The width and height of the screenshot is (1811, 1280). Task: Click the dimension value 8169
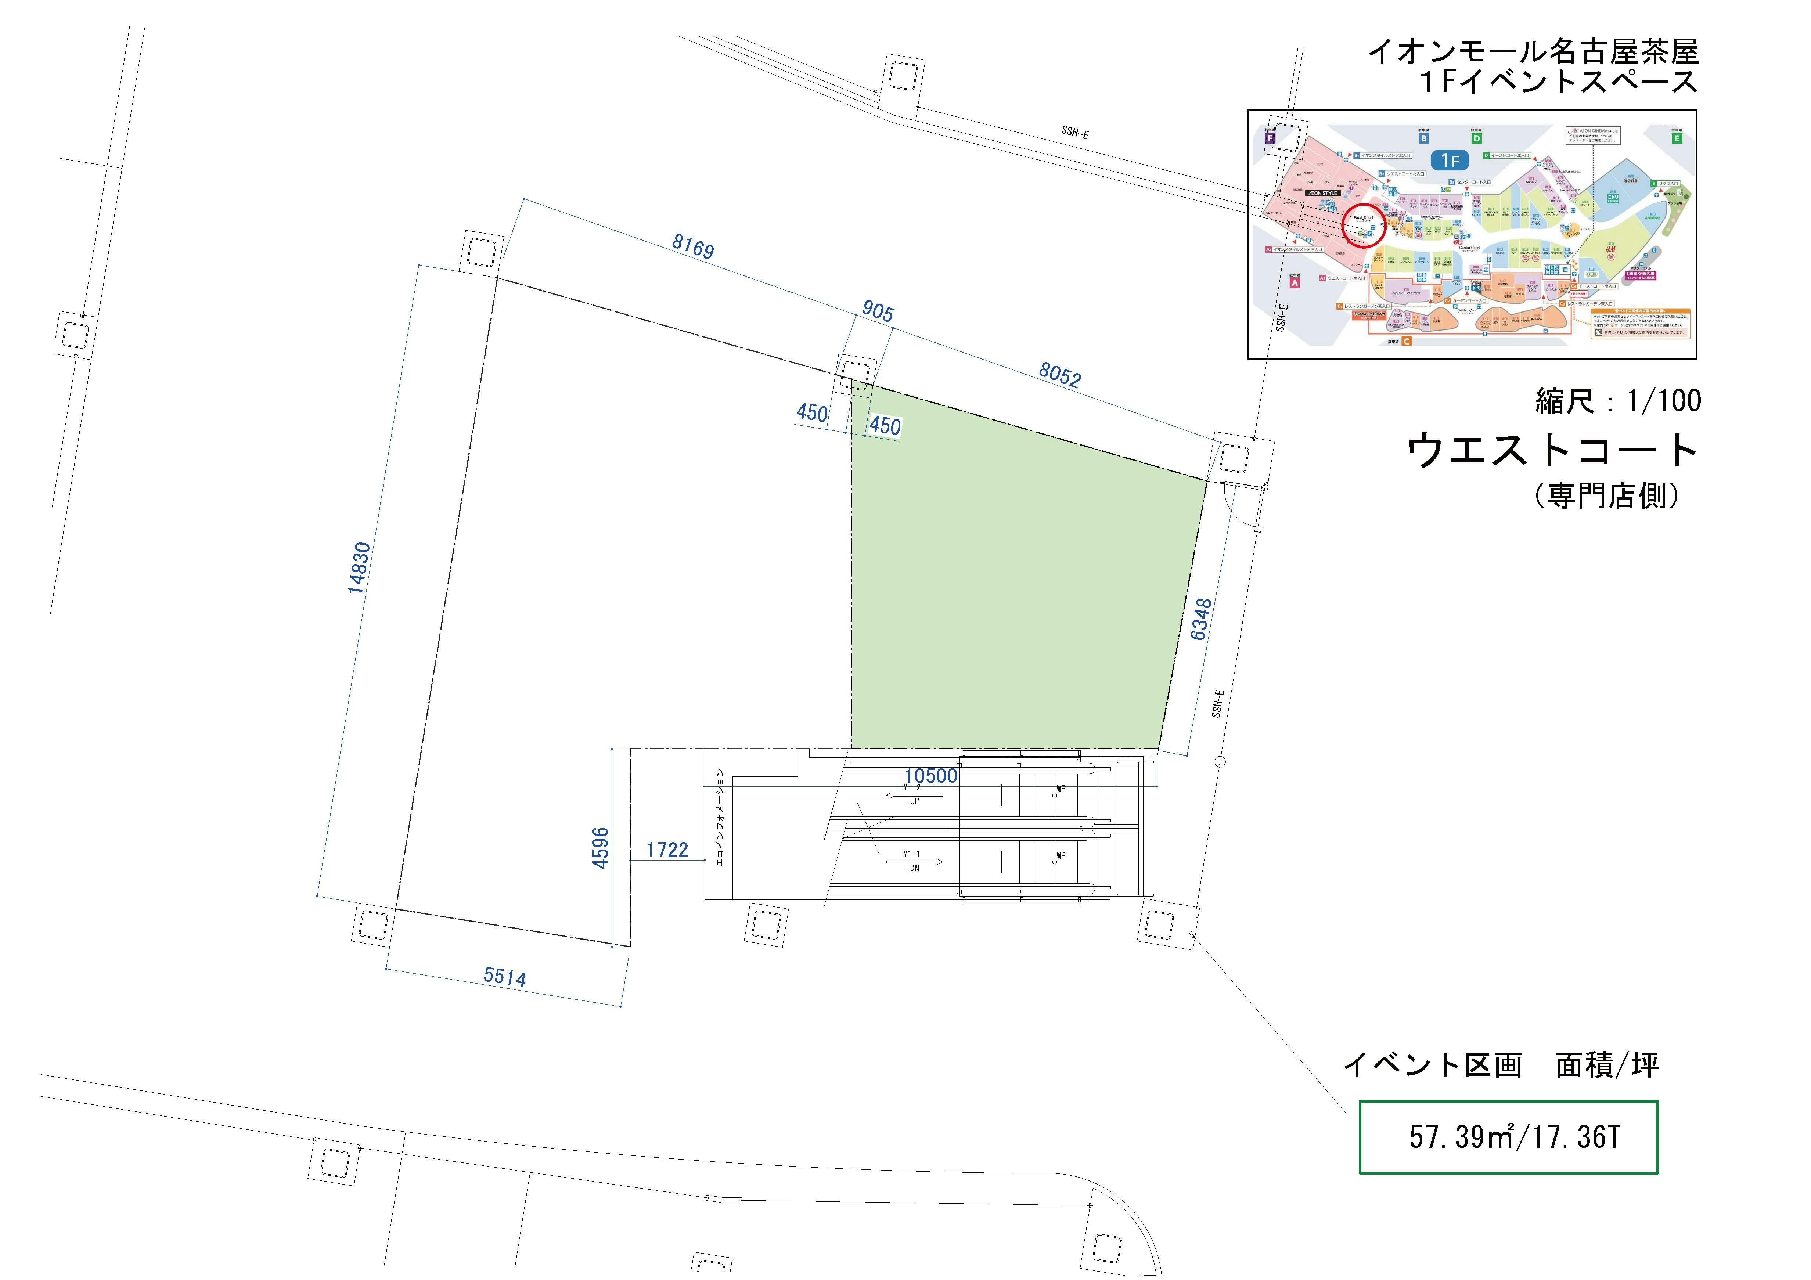[x=692, y=246]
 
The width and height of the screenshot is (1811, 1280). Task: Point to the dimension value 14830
[x=359, y=568]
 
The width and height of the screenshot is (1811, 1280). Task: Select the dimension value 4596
[x=601, y=848]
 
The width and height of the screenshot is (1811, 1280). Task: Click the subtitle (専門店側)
[x=1606, y=495]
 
